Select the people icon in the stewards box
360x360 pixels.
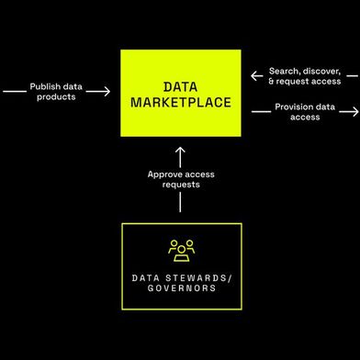[x=180, y=249]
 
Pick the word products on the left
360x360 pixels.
[x=56, y=96]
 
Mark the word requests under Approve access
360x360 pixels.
[x=180, y=184]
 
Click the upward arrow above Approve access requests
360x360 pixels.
[x=180, y=153]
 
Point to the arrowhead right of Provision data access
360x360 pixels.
[x=354, y=111]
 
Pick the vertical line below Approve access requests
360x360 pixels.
[x=180, y=204]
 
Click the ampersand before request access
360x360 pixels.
[x=272, y=83]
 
